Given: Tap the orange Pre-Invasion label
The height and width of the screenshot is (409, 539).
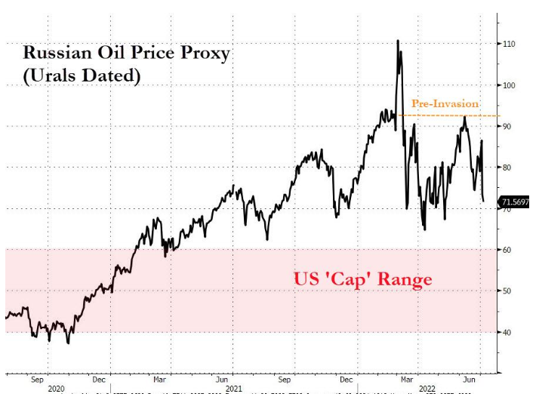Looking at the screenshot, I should coord(445,103).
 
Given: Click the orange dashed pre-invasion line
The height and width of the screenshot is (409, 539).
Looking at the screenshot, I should coord(453,115).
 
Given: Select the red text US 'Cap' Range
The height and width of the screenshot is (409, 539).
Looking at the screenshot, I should coord(362,280).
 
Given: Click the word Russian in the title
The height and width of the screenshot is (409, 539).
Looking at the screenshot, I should coord(54,54).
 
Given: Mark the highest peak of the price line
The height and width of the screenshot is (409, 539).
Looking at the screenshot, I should coord(398,41).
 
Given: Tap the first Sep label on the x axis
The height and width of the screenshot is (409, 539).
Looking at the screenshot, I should coord(37,381).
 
